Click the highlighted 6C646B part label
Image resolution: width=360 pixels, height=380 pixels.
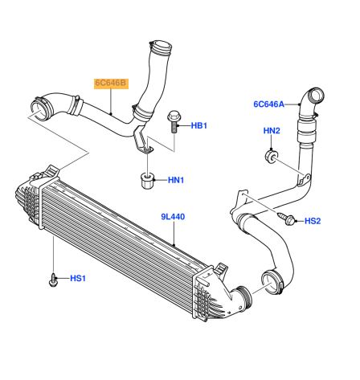111,84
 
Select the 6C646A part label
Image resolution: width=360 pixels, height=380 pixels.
268,104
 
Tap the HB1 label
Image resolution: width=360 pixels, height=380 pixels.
199,125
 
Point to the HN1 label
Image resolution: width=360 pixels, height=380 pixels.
176,180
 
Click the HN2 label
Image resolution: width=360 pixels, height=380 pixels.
272,131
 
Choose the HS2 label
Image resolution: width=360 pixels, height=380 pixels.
313,221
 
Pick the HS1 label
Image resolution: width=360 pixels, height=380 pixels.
78,279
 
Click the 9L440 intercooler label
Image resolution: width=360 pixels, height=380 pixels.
173,217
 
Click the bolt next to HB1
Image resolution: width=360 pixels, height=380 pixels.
174,122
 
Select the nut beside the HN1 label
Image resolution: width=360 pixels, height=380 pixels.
146,181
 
